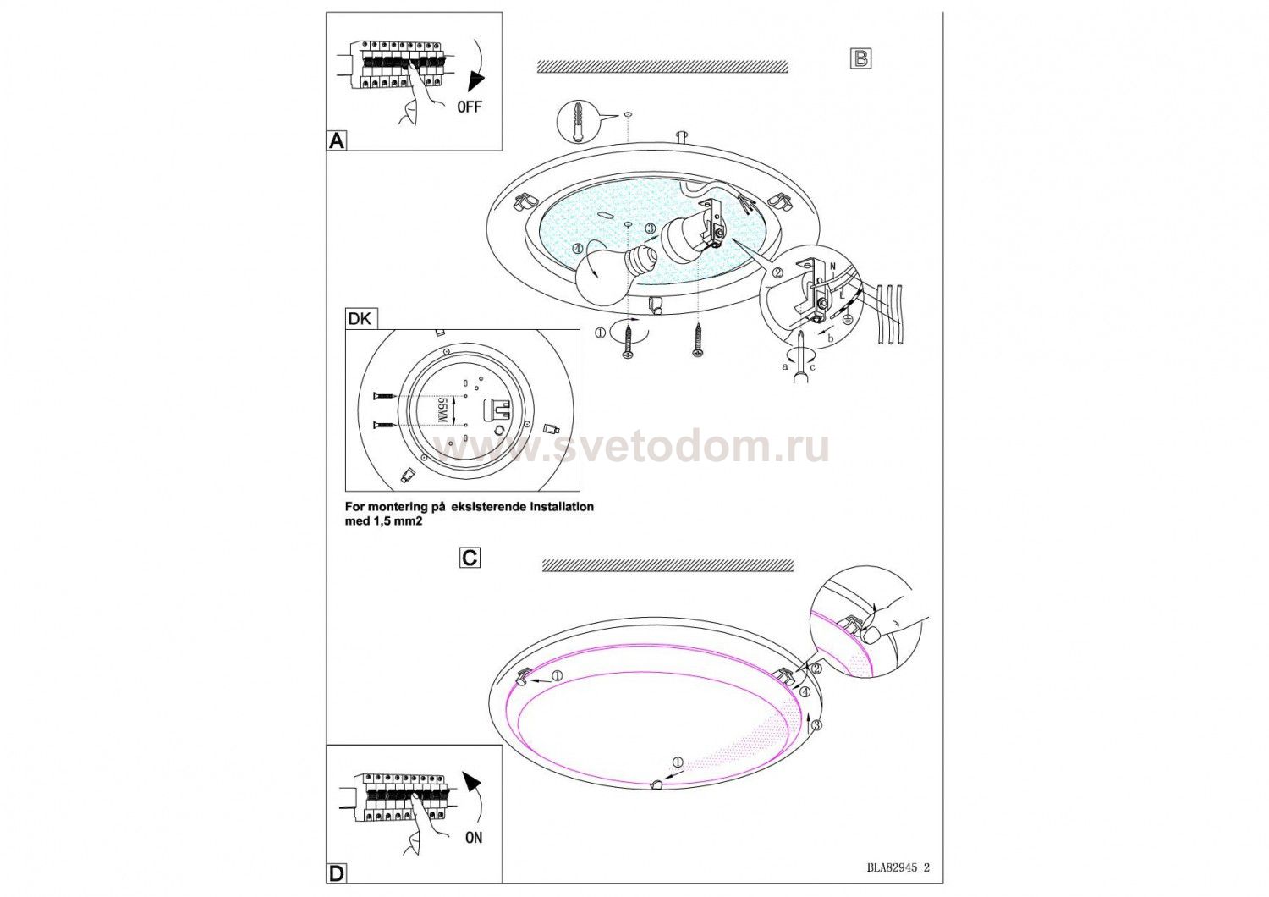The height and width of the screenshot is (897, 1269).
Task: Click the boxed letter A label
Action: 337,140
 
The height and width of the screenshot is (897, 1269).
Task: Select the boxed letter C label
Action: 470,559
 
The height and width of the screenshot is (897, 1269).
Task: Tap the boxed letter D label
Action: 337,874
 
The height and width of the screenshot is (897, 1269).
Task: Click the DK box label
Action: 361,319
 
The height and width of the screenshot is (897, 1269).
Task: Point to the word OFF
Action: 470,107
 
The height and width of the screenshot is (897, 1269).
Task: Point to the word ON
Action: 474,838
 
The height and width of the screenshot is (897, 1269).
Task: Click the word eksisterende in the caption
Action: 503,507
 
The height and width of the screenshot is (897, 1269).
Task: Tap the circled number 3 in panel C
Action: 817,724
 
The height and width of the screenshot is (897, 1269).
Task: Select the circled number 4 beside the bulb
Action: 577,249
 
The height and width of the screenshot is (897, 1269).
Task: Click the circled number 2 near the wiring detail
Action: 778,272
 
